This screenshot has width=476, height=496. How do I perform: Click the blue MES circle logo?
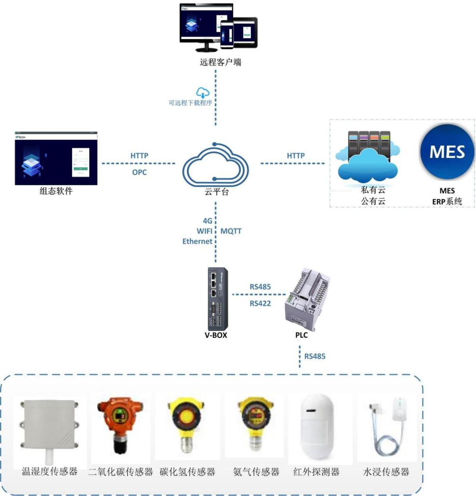[447, 152]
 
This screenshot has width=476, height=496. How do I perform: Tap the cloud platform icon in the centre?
[215, 165]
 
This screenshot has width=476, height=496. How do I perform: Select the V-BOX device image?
[218, 299]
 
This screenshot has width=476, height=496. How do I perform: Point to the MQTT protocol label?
[231, 231]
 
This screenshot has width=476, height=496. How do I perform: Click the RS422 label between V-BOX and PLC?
[260, 303]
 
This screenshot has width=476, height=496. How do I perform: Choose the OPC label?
[139, 172]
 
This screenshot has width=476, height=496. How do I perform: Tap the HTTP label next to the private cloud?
[296, 155]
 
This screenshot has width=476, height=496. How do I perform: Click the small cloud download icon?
[203, 92]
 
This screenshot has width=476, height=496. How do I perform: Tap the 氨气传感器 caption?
[256, 472]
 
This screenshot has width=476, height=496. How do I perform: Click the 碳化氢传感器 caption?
[187, 472]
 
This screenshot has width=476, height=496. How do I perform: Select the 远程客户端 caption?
[220, 62]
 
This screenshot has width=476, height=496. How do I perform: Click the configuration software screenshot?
[56, 159]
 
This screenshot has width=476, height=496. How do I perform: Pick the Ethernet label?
[197, 241]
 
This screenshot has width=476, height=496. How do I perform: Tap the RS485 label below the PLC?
[315, 356]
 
